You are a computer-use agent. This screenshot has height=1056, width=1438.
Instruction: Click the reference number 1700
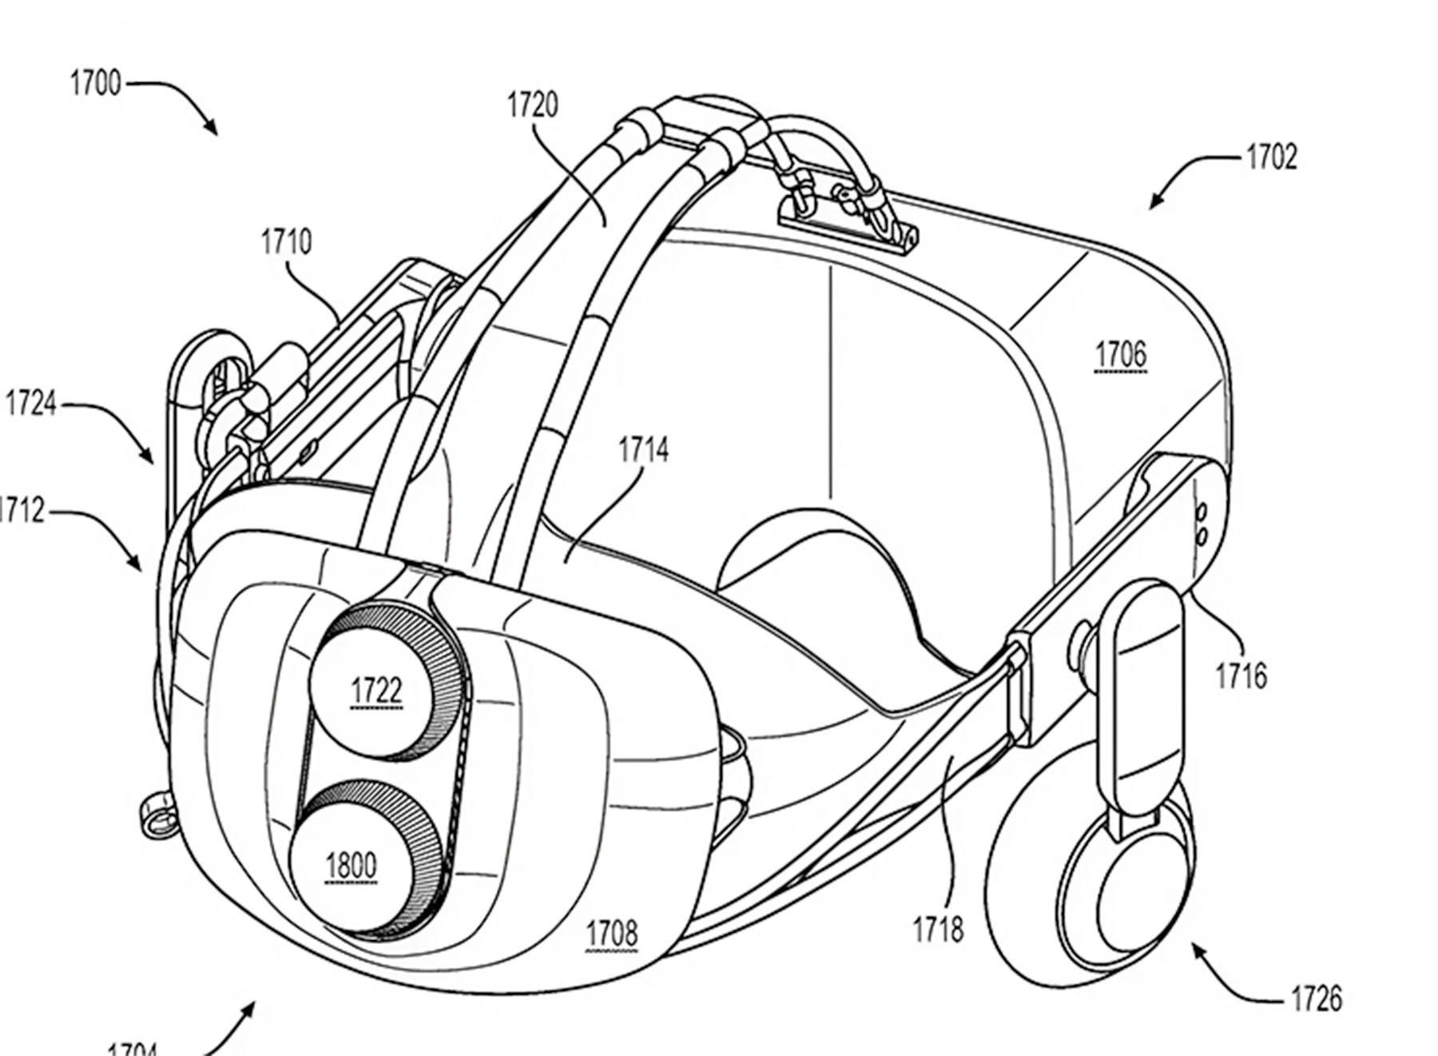point(95,83)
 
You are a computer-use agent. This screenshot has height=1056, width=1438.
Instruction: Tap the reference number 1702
point(1271,157)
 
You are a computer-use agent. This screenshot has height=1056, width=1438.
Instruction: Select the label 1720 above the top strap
point(533,105)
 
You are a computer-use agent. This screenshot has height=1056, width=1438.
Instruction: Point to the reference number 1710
point(286,241)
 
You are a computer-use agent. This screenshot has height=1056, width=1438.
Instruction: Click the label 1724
point(31,404)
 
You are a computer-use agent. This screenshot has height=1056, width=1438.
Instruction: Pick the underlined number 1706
point(1120,354)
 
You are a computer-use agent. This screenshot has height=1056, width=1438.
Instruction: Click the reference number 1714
point(643,451)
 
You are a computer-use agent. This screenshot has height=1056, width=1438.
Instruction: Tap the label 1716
point(1241,676)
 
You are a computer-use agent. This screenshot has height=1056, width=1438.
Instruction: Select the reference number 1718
point(938,929)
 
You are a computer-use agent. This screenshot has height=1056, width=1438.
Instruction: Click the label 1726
point(1316,999)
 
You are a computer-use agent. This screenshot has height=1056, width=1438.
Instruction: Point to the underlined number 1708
point(612,933)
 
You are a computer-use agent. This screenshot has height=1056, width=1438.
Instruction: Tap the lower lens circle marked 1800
point(352,866)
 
